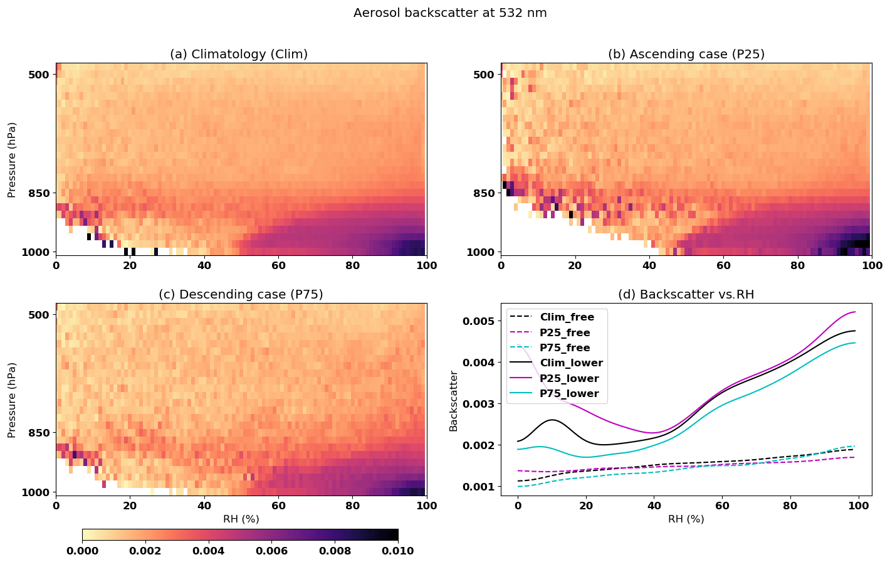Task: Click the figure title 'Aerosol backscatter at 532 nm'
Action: tap(450, 13)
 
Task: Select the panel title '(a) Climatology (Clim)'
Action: tap(239, 55)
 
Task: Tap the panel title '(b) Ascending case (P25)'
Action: tap(686, 55)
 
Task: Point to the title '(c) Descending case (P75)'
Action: tap(241, 294)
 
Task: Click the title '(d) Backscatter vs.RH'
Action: tap(686, 294)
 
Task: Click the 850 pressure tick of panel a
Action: tap(39, 193)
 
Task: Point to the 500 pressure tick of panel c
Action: tap(39, 314)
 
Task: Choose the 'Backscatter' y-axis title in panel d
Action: tap(454, 401)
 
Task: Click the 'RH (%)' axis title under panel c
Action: tap(241, 519)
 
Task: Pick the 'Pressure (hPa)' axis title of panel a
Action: tap(12, 159)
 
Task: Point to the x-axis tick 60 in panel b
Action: tap(723, 265)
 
